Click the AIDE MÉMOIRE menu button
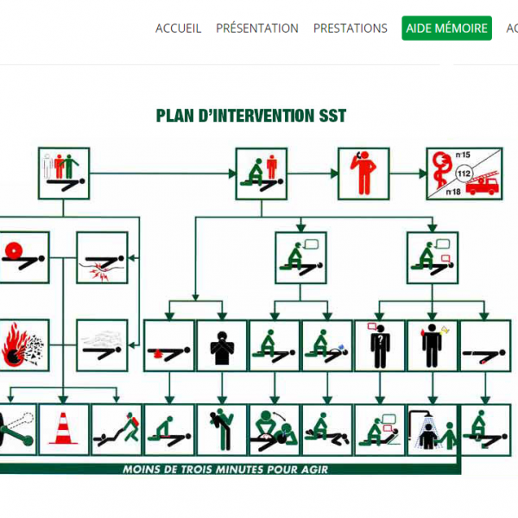click(446, 28)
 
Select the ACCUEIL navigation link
click(178, 28)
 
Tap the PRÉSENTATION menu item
click(257, 28)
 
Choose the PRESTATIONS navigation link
click(351, 28)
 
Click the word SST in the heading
click(332, 116)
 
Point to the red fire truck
click(483, 184)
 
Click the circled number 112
click(464, 174)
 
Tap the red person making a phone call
click(363, 173)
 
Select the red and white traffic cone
click(63, 428)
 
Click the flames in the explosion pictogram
click(13, 344)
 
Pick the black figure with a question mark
click(380, 346)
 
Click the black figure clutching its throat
click(222, 348)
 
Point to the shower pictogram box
click(433, 430)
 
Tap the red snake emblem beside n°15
click(442, 169)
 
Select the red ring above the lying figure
click(13, 250)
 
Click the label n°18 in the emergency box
click(453, 192)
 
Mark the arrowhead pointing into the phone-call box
click(334, 174)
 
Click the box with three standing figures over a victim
click(64, 174)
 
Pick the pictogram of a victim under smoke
click(102, 345)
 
